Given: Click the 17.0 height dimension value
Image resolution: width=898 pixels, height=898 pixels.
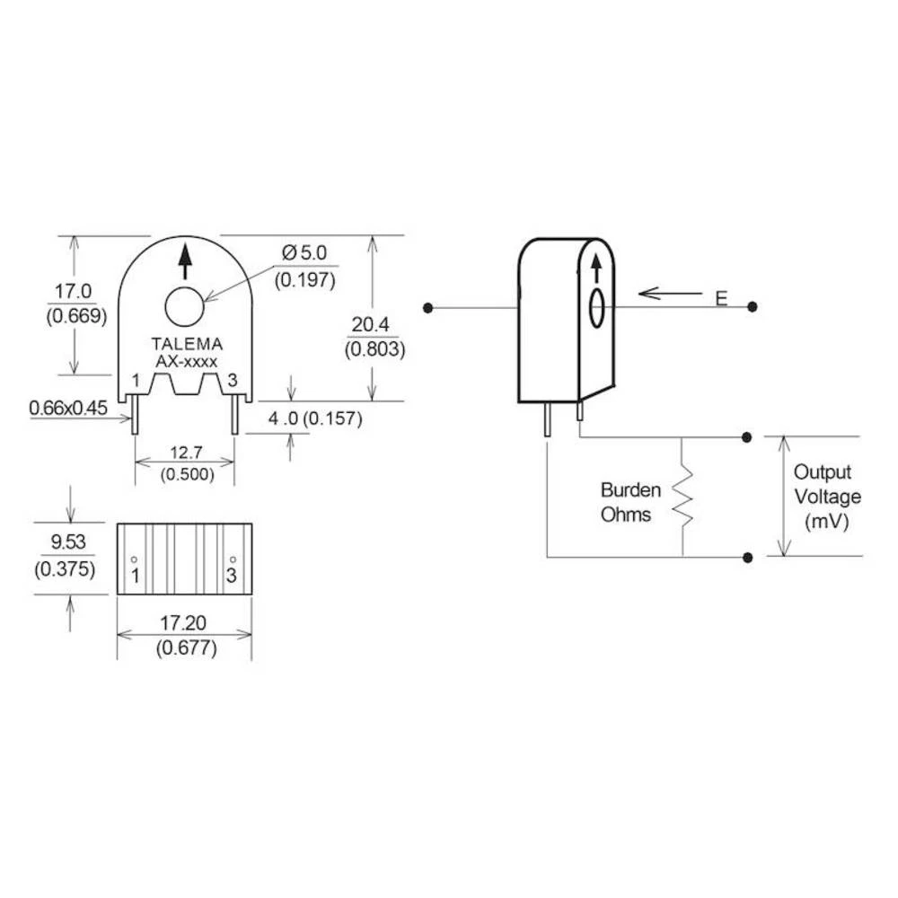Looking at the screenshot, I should point(75,292).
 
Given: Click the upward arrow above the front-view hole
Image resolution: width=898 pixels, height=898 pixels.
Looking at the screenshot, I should point(186,260).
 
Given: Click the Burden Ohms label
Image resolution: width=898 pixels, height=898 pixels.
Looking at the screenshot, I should point(630,503).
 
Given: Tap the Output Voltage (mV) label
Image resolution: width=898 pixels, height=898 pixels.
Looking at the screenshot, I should point(827,497).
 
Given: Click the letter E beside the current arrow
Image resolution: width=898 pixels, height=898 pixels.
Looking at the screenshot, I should point(720,299).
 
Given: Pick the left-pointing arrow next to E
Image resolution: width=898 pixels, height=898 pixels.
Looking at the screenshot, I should point(670,293).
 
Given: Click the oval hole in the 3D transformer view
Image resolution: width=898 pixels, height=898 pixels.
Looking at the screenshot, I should point(595,308).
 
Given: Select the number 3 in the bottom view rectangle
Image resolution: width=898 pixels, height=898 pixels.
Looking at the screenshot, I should point(232,575).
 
